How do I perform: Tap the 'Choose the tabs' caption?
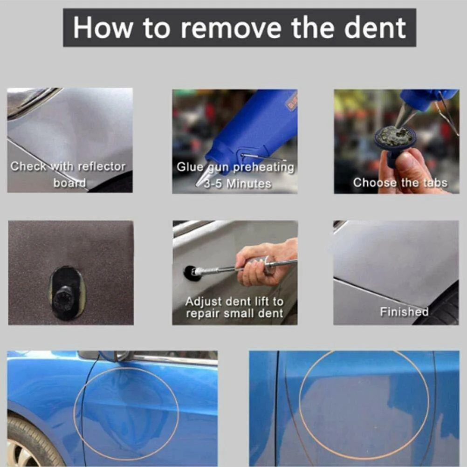click(400, 183)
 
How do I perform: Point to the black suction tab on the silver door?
click(191, 273)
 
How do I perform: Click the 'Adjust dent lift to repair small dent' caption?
click(234, 307)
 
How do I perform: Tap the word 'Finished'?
click(404, 312)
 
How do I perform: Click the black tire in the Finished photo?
click(443, 308)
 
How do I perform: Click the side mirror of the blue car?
click(115, 356)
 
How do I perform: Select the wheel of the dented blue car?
click(26, 443)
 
